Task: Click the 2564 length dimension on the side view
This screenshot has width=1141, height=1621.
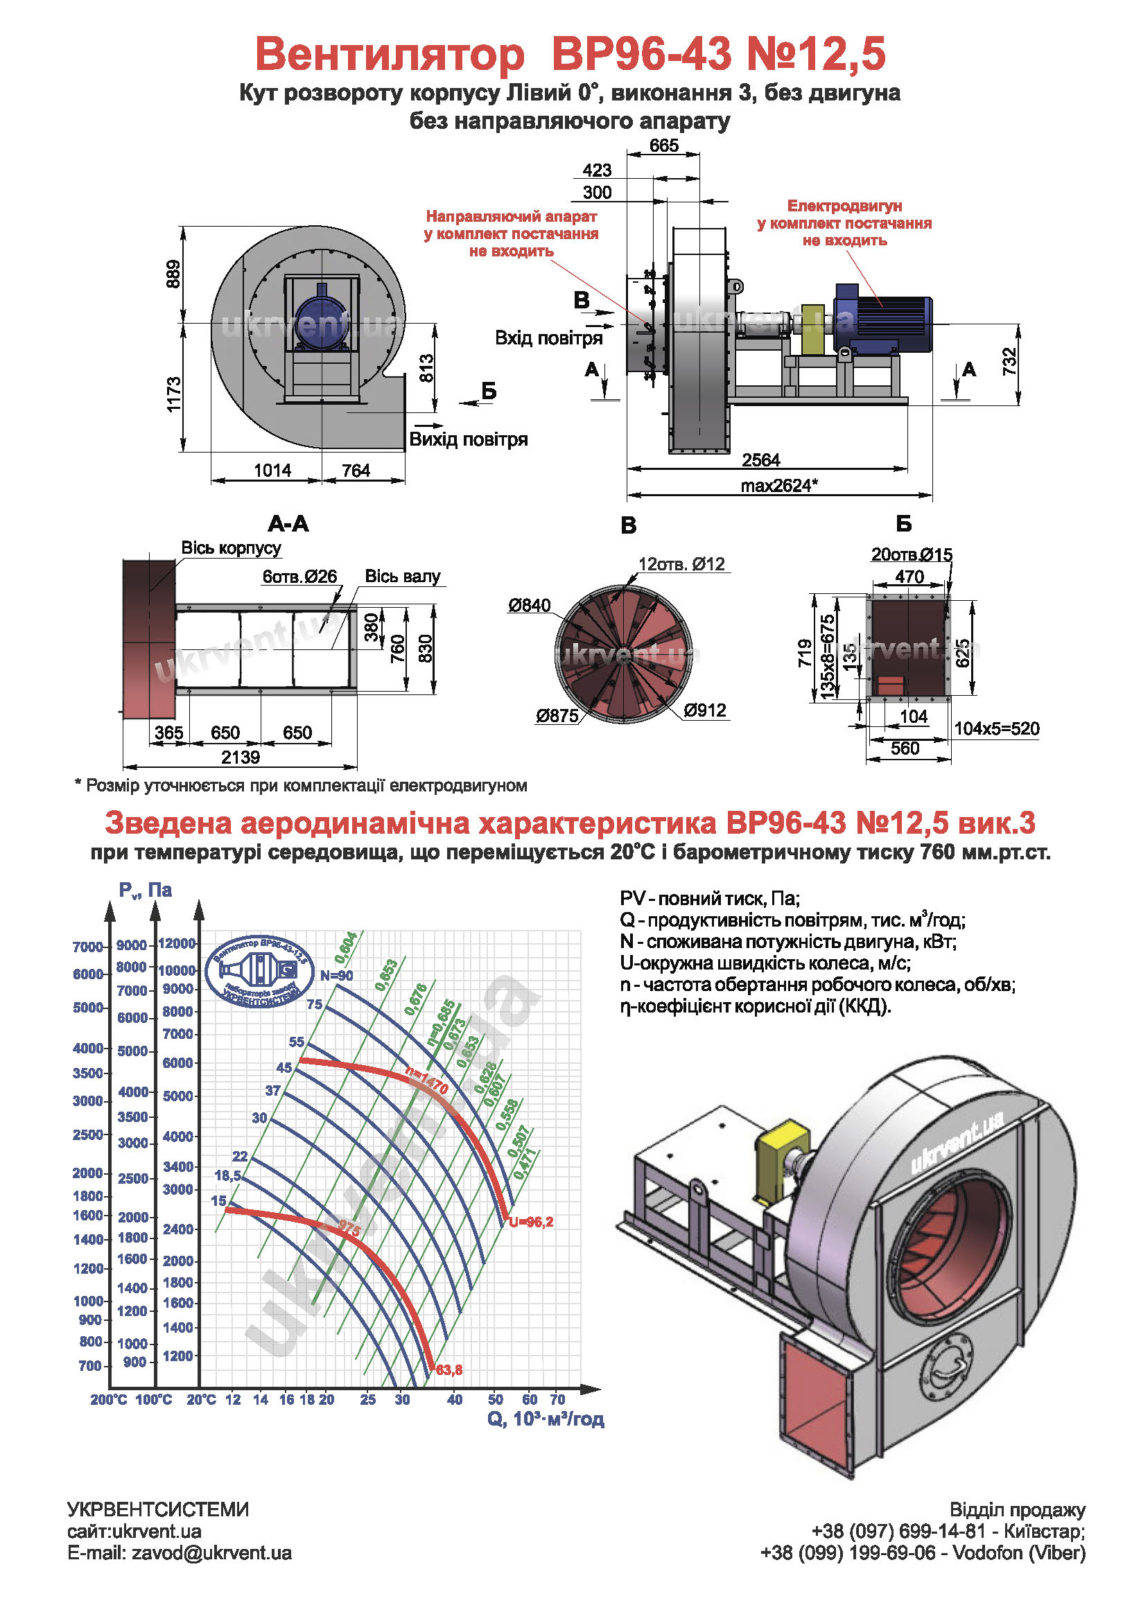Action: click(760, 460)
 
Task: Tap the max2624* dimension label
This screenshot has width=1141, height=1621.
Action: click(778, 486)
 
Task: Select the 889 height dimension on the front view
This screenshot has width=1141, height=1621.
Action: click(173, 274)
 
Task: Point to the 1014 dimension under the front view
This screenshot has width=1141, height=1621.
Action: click(272, 470)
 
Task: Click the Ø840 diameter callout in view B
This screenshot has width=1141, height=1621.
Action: click(529, 605)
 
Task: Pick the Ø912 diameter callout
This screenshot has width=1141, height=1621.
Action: click(705, 710)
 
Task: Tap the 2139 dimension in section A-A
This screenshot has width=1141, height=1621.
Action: click(240, 757)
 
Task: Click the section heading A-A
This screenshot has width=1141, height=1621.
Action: click(288, 524)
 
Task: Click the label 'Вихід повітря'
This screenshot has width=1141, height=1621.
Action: click(468, 439)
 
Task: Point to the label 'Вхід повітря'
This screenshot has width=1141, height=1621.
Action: click(548, 338)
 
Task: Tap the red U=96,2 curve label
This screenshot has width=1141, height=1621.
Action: click(531, 1222)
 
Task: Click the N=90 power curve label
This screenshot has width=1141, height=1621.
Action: click(336, 976)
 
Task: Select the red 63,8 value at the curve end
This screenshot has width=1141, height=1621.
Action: click(449, 1369)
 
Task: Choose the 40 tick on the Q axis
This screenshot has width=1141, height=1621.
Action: click(455, 1399)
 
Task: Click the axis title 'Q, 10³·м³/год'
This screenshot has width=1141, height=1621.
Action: click(545, 1419)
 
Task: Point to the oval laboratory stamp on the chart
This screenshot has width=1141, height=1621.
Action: click(260, 970)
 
